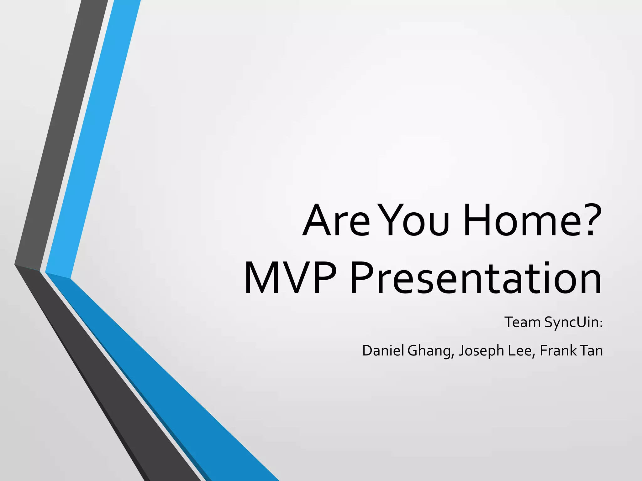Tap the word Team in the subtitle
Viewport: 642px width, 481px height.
coord(522,322)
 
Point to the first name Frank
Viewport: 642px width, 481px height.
coord(558,350)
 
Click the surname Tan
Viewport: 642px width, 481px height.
coord(591,350)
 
